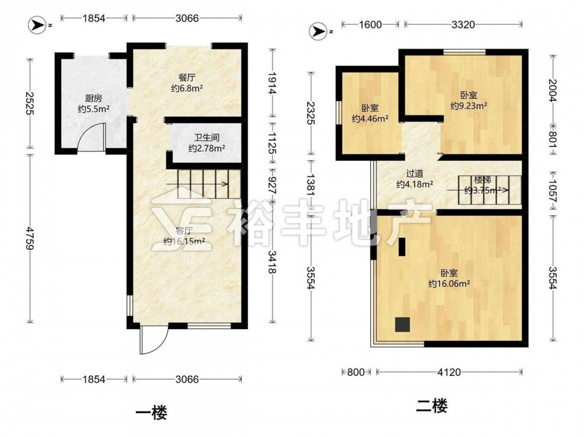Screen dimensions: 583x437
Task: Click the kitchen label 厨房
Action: (x=93, y=98)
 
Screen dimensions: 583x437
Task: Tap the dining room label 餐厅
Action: (x=187, y=77)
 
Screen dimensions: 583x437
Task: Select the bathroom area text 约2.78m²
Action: (x=207, y=149)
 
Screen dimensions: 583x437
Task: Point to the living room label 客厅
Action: (x=183, y=230)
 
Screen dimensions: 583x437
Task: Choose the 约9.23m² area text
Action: (x=469, y=106)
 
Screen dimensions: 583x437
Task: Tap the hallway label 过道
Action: (x=415, y=174)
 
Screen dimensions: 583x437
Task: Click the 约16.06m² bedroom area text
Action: (x=449, y=284)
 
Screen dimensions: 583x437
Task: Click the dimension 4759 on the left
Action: (x=29, y=238)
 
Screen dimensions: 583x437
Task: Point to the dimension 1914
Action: (x=272, y=83)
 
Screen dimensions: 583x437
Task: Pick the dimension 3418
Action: (x=272, y=262)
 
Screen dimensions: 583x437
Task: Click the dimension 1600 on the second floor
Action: (x=370, y=24)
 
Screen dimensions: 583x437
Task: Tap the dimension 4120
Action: (x=449, y=372)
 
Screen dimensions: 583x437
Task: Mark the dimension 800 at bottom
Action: (x=356, y=372)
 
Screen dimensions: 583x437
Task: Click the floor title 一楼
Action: (x=152, y=413)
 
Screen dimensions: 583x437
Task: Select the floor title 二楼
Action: (x=431, y=406)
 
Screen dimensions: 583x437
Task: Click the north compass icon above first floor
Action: (x=37, y=25)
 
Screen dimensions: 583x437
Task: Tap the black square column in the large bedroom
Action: (x=402, y=325)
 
